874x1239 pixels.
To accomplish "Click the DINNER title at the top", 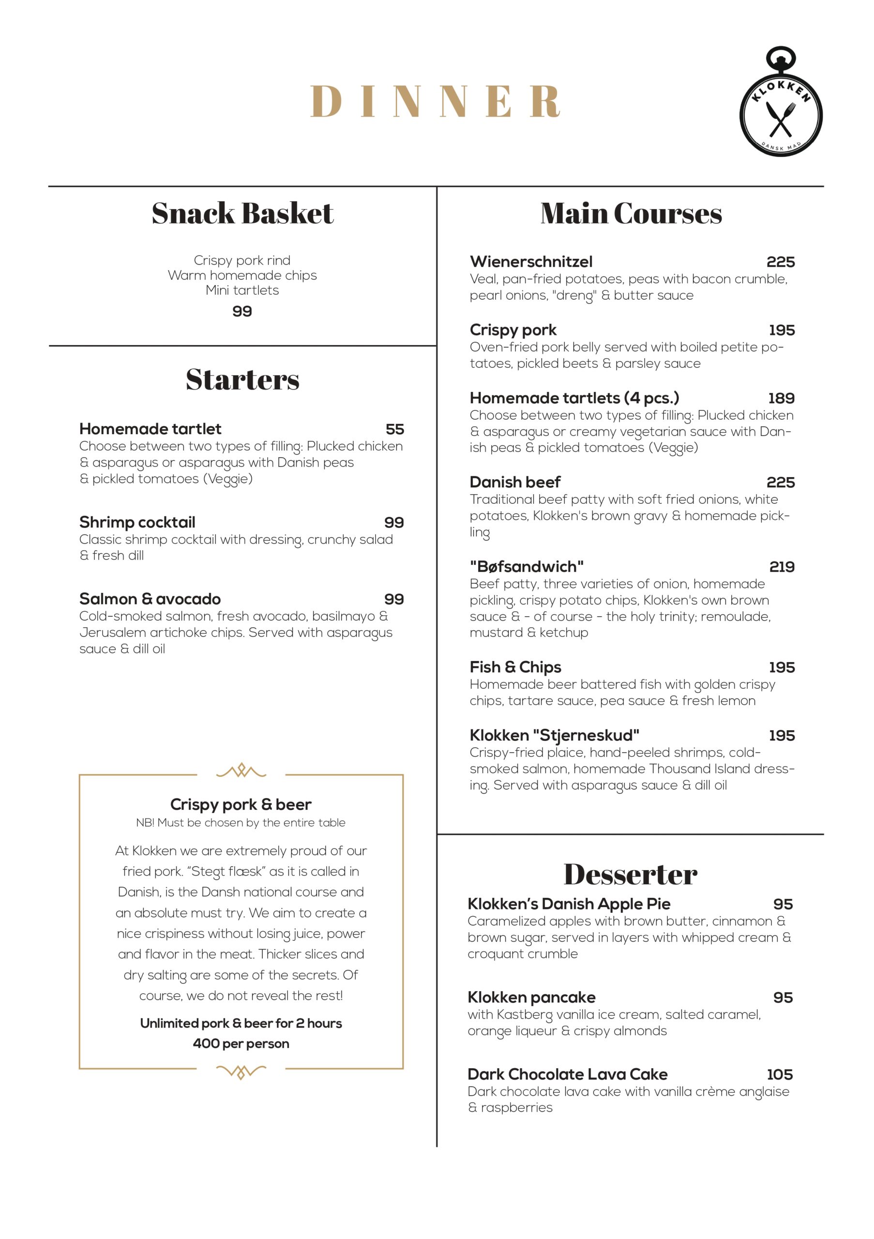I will tap(435, 101).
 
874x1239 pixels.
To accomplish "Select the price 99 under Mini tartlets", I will tap(242, 311).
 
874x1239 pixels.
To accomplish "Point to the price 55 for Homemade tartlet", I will tap(394, 430).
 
